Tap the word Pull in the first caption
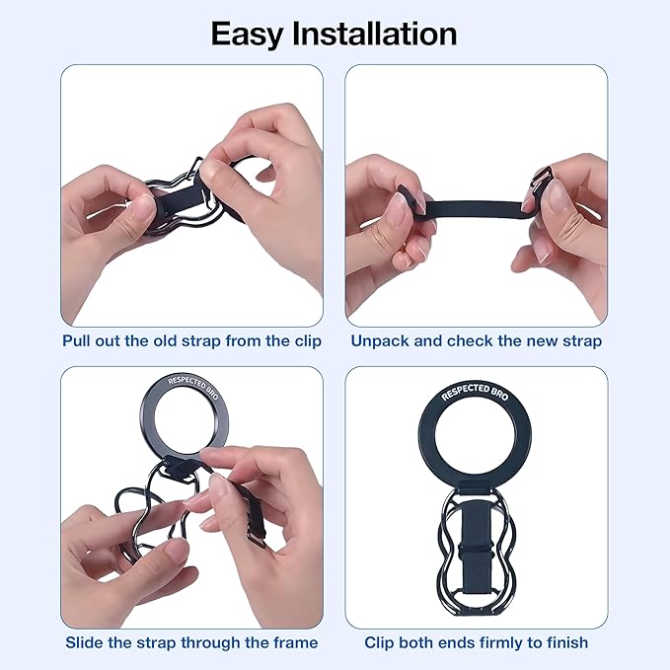(x=79, y=340)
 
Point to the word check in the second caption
(x=470, y=340)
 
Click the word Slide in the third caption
(x=87, y=642)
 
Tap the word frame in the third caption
(x=293, y=642)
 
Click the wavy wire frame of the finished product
(x=513, y=572)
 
